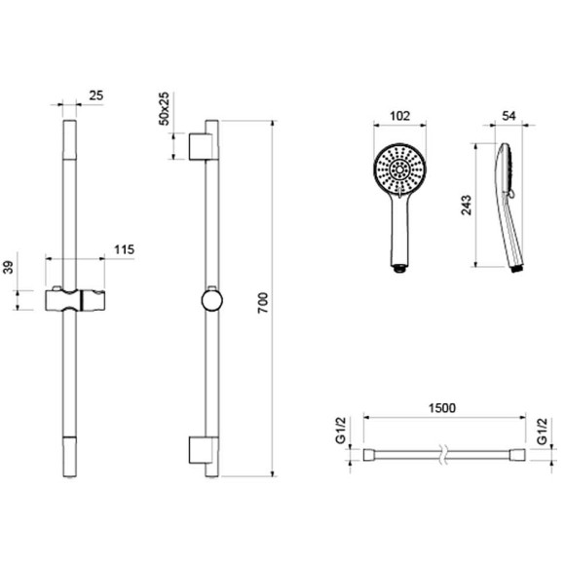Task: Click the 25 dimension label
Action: tap(95, 95)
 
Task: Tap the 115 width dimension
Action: tap(124, 249)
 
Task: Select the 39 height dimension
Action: tap(8, 267)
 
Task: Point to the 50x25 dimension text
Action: tap(164, 108)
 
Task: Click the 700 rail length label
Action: tap(263, 303)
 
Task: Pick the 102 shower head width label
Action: tap(400, 116)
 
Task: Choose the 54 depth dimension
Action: tap(508, 116)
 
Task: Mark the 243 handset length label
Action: tap(467, 205)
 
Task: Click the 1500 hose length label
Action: tap(442, 408)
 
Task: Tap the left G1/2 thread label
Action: tap(341, 431)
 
